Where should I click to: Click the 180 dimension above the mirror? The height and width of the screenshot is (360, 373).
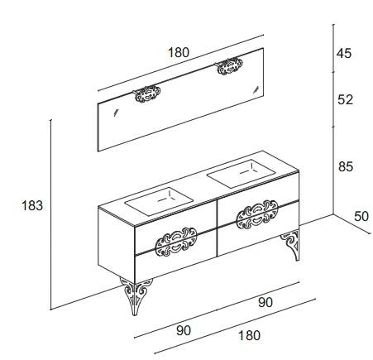point(179,52)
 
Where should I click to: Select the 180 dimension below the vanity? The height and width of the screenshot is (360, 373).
point(249,335)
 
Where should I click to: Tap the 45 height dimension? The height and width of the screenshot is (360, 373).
point(344,53)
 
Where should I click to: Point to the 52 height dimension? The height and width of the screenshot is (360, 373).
point(345,99)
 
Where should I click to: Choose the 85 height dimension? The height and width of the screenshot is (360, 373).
point(346,166)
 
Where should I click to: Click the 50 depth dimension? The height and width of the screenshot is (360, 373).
point(361,217)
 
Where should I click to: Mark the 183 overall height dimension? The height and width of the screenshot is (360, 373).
point(32,206)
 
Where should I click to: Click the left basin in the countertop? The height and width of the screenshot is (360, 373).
point(159,200)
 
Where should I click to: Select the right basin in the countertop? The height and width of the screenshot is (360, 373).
point(241,174)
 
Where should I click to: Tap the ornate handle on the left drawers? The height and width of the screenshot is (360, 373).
point(176,242)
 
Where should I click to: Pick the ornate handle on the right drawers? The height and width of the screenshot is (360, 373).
point(257,214)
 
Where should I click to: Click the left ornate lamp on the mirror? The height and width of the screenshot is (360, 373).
point(146,94)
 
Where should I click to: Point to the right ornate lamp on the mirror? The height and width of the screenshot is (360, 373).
point(229,66)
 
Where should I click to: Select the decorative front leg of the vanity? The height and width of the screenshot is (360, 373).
point(135,295)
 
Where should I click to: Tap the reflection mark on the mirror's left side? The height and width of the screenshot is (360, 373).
point(116,113)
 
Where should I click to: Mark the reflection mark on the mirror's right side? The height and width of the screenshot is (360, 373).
point(256,89)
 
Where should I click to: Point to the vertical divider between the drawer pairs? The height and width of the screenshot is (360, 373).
point(218,228)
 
